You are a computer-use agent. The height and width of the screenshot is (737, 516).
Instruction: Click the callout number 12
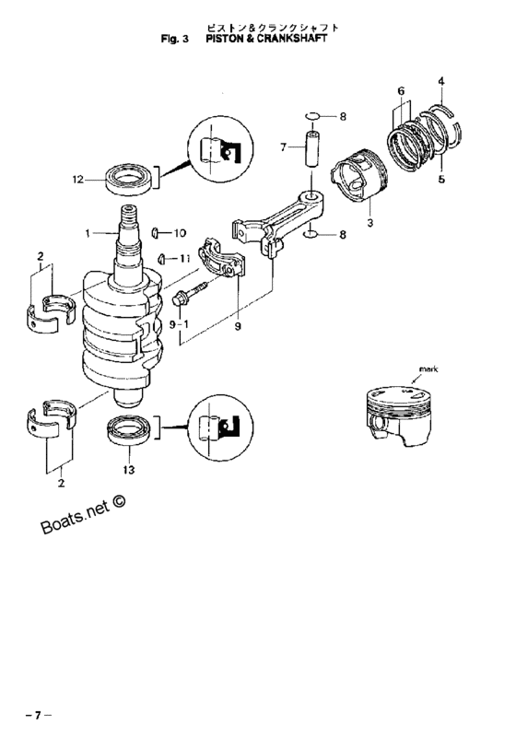[x=78, y=180]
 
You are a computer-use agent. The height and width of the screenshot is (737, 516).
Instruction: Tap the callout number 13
[x=128, y=470]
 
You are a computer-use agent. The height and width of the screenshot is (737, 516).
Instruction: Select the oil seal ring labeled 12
[x=130, y=178]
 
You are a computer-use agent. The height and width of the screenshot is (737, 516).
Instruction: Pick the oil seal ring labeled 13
[x=130, y=429]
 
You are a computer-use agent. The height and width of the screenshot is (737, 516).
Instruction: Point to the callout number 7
[x=283, y=147]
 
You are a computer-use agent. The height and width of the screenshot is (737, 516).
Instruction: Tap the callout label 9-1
[x=179, y=324]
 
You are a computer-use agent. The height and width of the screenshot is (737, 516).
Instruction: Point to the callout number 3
[x=369, y=223]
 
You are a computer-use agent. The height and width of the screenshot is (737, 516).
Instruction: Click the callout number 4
[x=440, y=81]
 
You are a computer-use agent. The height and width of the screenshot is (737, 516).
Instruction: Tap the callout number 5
[x=441, y=179]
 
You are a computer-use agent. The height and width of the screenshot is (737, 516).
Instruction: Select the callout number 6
[x=401, y=91]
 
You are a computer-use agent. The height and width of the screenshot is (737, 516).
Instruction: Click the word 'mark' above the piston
[x=428, y=369]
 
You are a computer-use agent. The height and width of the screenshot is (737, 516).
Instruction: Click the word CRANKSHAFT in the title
[x=292, y=39]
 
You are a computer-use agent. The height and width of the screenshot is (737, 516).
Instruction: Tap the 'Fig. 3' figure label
[x=174, y=39]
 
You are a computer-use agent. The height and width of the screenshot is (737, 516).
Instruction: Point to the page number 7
[x=38, y=716]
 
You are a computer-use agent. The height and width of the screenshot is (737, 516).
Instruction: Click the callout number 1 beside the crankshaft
[x=88, y=233]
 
